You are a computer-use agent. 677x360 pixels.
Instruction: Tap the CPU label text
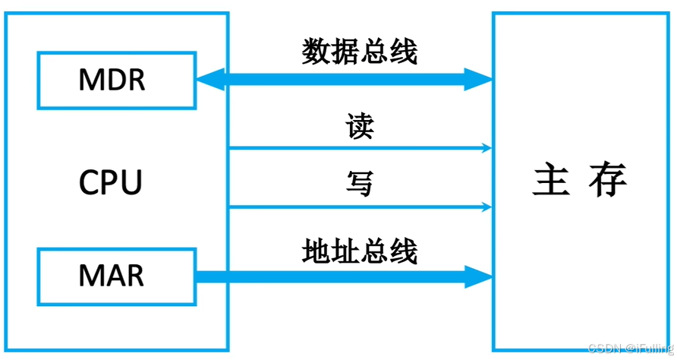(x=111, y=182)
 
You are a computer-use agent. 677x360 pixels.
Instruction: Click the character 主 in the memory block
(x=551, y=180)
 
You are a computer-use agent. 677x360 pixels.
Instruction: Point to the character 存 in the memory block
(x=607, y=180)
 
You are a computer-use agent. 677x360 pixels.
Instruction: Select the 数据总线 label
(x=360, y=52)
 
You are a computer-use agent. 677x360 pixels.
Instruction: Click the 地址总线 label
(x=360, y=250)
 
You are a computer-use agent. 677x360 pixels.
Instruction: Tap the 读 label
(x=360, y=126)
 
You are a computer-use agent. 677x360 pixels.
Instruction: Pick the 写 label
(x=360, y=183)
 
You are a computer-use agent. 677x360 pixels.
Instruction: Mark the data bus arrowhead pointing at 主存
(x=478, y=79)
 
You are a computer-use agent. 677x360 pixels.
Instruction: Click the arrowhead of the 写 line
(x=486, y=206)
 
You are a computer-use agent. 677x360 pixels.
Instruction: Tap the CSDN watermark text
(x=631, y=348)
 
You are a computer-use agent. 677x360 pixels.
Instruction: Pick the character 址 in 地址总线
(x=345, y=250)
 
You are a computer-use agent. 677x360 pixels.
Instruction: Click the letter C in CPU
(x=89, y=182)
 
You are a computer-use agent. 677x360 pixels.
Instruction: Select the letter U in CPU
(x=132, y=182)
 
